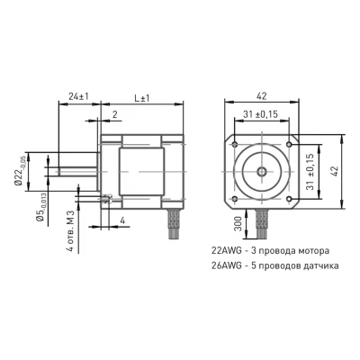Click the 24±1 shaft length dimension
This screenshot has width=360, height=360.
[x=78, y=97]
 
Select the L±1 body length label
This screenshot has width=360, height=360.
[x=142, y=98]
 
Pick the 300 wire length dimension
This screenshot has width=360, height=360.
[x=238, y=224]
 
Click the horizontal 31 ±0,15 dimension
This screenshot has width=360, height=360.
[x=261, y=114]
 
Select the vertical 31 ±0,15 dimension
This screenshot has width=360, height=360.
[x=310, y=172]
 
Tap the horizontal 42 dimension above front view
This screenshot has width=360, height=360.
[x=261, y=96]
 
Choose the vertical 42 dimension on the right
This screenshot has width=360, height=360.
[x=335, y=172]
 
